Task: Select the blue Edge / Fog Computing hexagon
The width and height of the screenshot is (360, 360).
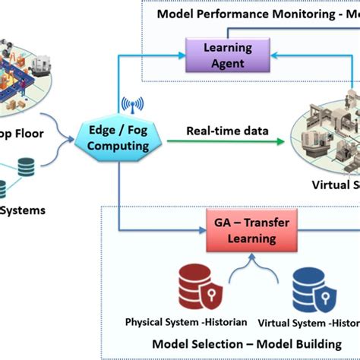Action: [118, 137]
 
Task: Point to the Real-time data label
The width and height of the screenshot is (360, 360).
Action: [217, 131]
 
